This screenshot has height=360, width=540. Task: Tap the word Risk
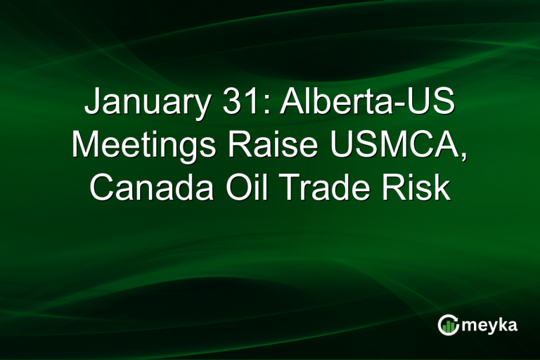click(420, 188)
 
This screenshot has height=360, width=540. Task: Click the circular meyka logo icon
click(449, 324)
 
